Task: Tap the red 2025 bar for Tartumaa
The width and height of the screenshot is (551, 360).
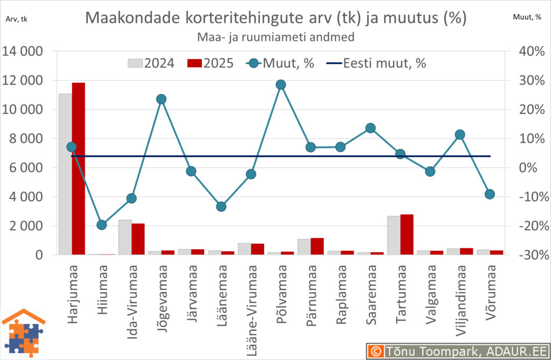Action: tap(407, 235)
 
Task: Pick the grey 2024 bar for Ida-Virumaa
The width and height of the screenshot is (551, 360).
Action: tap(125, 237)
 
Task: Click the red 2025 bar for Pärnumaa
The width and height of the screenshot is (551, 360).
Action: tap(317, 246)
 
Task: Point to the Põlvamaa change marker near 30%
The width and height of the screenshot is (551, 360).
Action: tap(280, 84)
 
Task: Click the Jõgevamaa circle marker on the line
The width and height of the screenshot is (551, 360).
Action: tap(161, 99)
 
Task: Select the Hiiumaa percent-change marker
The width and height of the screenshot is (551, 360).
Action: tap(102, 224)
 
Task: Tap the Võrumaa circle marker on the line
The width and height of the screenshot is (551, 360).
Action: tap(490, 194)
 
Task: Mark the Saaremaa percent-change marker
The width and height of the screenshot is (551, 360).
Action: tap(370, 128)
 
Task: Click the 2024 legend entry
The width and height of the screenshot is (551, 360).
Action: tap(151, 63)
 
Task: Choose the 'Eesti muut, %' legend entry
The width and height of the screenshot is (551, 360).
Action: tap(377, 63)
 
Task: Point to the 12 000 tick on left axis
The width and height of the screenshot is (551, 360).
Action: tap(24, 81)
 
